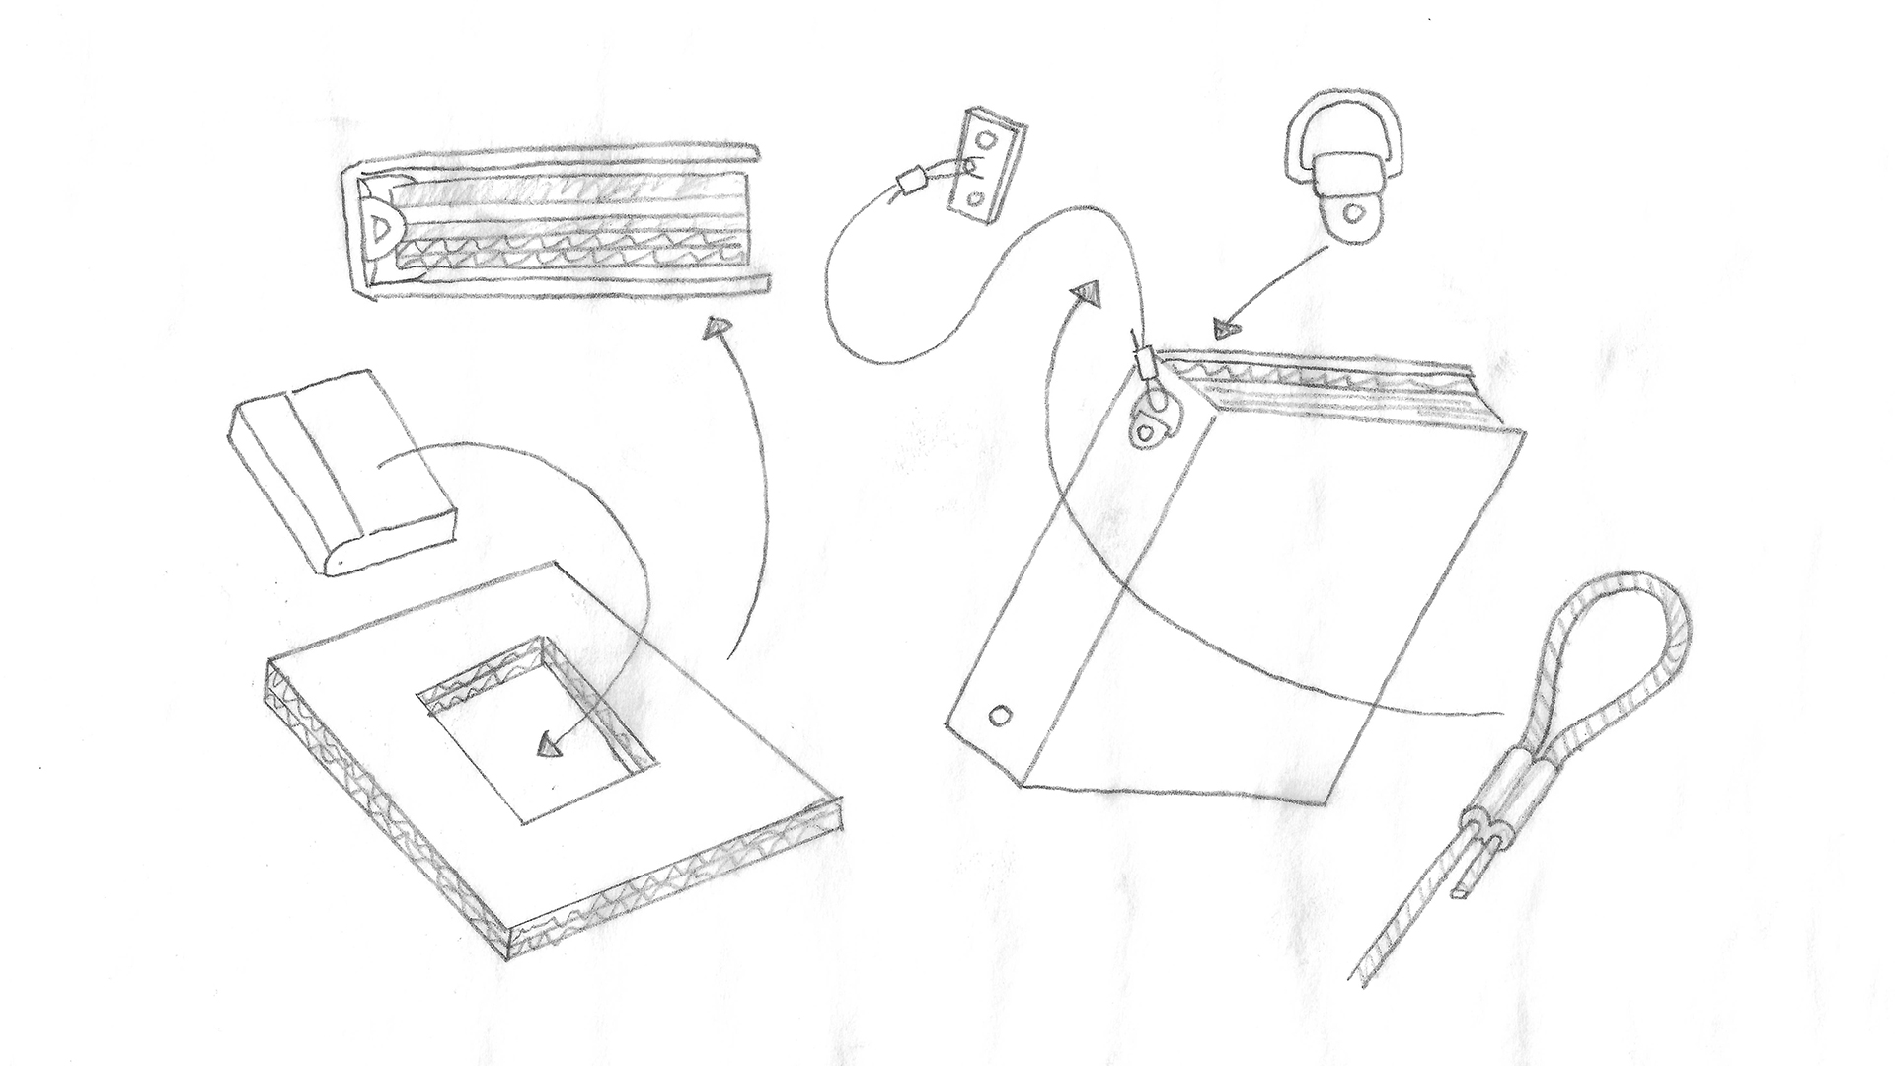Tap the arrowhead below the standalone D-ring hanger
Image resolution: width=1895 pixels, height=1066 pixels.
(x=1226, y=328)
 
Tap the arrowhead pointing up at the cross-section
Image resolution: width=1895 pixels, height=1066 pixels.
(x=718, y=328)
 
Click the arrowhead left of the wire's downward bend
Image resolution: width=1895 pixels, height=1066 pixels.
(x=1088, y=292)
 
